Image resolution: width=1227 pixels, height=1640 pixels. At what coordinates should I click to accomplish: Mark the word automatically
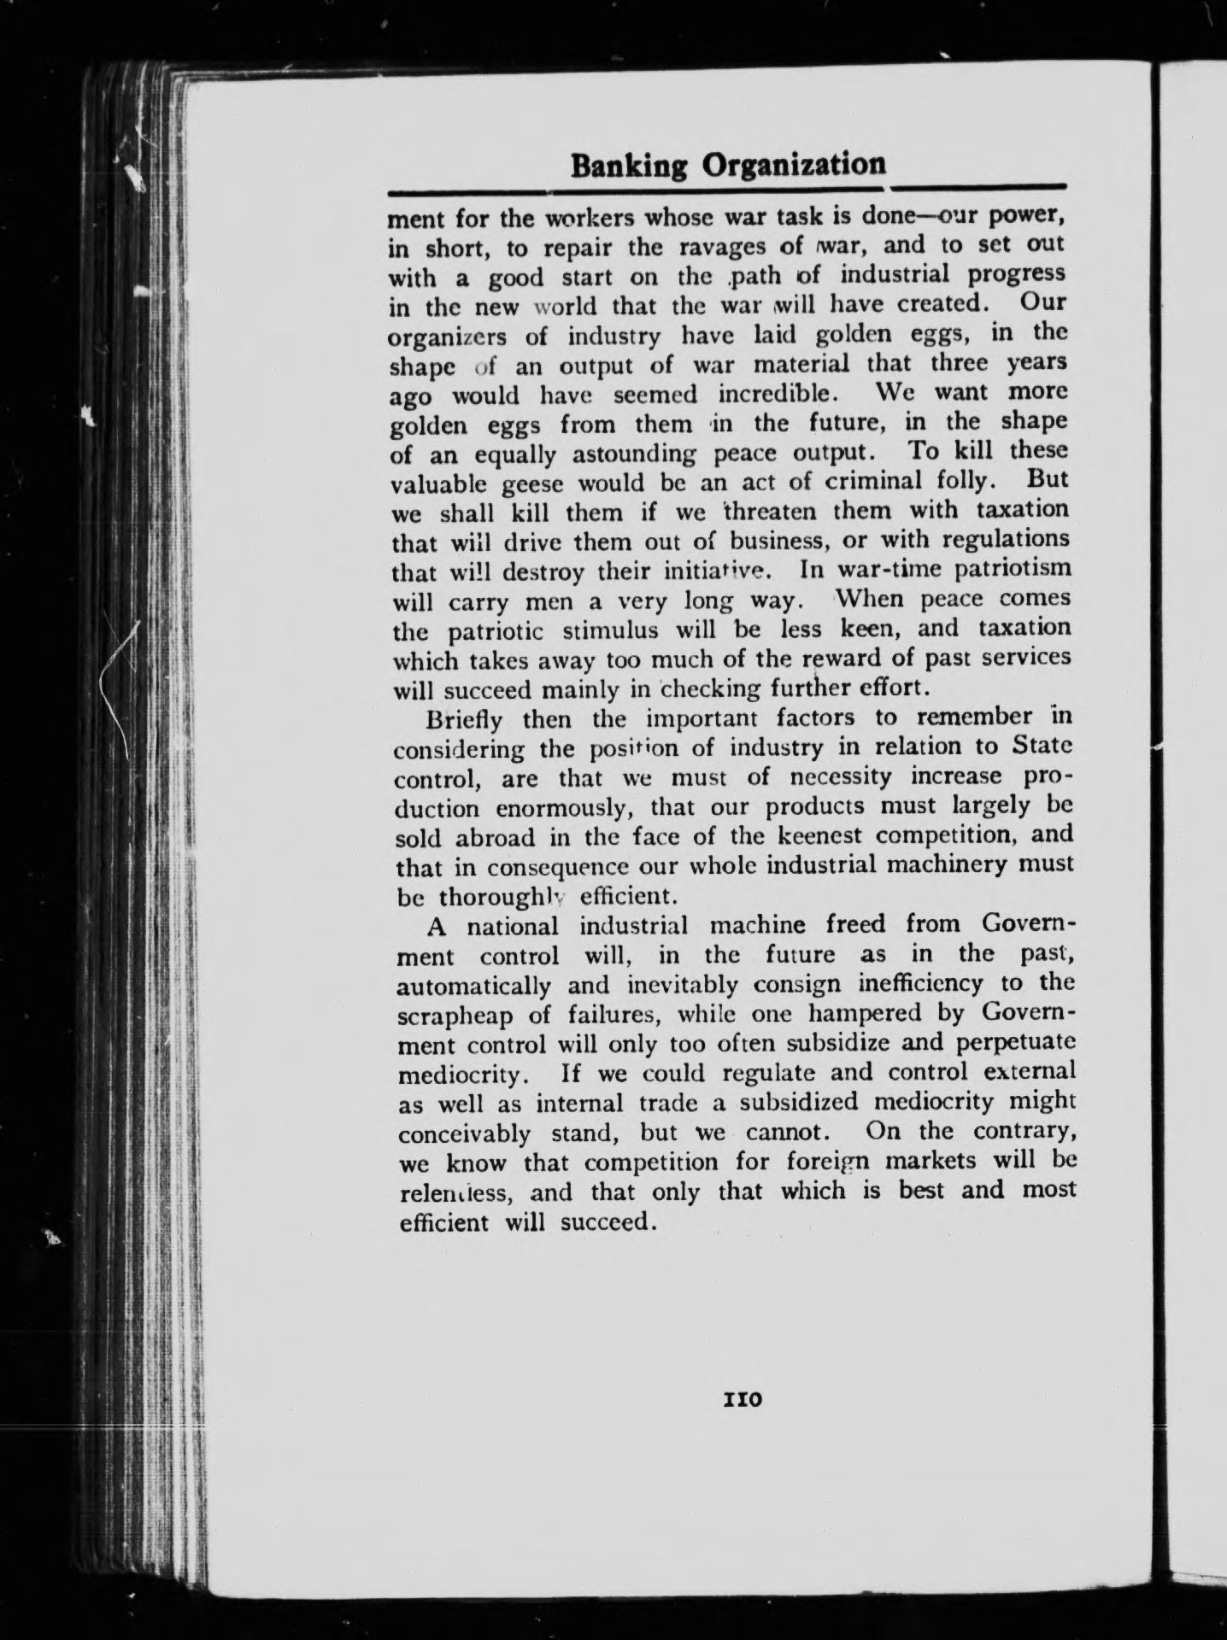point(474,986)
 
